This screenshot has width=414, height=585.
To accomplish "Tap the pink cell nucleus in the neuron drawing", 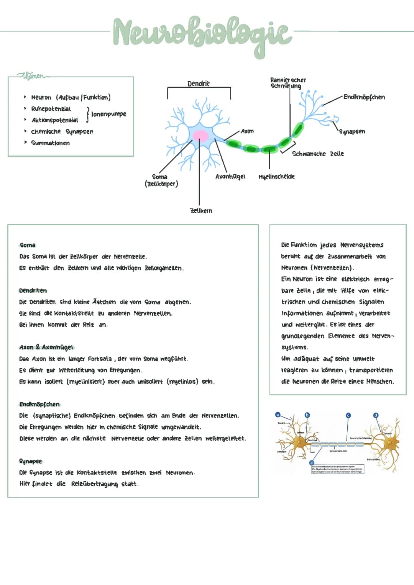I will point(200,136).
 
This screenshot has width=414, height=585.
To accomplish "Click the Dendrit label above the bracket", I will point(198,84).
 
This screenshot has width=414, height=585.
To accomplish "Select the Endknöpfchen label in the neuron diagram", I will point(364,97).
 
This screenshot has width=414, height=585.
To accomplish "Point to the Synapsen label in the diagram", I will point(352,131).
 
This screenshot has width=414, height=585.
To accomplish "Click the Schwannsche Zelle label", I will point(318,154).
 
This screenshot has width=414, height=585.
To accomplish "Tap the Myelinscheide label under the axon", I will point(276,177).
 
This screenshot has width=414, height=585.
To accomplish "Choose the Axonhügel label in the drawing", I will point(230,177).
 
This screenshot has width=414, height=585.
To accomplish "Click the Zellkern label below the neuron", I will point(201,211).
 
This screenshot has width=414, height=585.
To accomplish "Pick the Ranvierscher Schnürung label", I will point(288,83).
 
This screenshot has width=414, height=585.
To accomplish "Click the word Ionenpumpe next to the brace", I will point(108,114).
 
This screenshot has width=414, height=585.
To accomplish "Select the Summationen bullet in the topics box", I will point(50,143).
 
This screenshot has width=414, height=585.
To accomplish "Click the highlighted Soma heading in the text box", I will point(27,245).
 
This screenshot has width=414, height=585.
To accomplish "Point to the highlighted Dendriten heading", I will point(33,290).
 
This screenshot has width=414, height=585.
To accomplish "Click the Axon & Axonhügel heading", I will point(46,347).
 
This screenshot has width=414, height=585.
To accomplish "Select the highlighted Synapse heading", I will point(30,461).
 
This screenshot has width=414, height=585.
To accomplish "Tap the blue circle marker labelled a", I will point(278,415).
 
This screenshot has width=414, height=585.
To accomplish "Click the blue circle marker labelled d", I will point(376,415).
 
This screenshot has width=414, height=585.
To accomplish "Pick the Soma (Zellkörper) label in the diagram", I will point(161,180).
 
